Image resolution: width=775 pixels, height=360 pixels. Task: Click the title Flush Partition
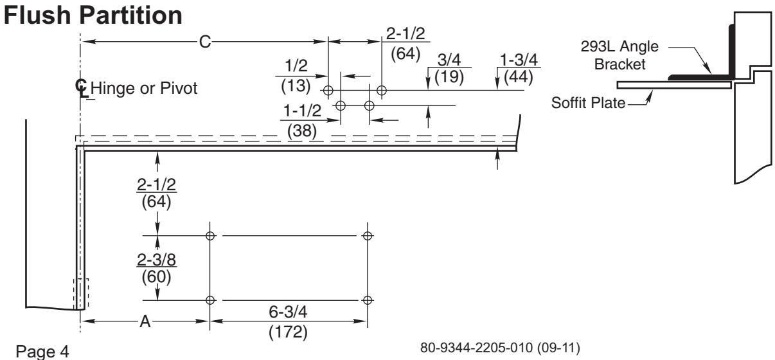point(93,16)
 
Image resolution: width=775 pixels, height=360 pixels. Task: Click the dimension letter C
point(205,42)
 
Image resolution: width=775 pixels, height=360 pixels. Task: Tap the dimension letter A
point(145,321)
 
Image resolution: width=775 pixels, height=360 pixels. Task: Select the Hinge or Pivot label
point(144,88)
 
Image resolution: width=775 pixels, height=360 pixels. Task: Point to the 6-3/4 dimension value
point(288,312)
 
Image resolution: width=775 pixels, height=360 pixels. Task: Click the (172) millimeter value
point(288,332)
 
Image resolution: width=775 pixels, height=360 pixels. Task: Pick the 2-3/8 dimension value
point(156,260)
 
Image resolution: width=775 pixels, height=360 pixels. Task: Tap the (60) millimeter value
point(156,277)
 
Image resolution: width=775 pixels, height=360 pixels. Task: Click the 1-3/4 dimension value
point(519,60)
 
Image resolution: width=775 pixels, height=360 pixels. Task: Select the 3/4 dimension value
point(449,60)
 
